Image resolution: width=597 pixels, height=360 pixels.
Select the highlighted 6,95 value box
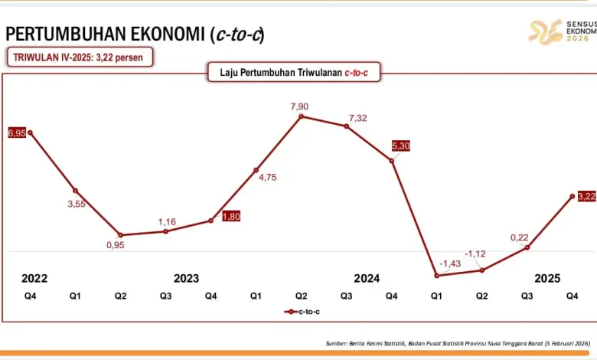(17, 133)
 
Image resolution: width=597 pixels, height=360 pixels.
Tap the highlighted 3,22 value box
(587, 196)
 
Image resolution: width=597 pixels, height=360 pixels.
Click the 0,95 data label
(115, 245)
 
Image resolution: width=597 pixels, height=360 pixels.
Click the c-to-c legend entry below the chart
(302, 312)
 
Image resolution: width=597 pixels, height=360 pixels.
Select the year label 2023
(187, 278)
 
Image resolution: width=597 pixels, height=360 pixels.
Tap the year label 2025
(547, 278)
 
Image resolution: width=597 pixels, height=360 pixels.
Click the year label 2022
(34, 278)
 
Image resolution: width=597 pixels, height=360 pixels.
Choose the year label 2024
(367, 278)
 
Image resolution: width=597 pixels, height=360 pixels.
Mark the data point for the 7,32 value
(347, 126)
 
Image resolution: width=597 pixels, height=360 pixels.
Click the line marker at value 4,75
(256, 170)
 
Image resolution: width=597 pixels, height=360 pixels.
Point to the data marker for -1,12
(481, 270)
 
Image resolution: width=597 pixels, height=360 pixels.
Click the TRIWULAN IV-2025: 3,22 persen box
(80, 57)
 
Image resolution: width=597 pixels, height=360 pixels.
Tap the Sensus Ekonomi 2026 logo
(561, 31)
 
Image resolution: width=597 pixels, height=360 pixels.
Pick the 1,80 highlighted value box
(231, 217)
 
